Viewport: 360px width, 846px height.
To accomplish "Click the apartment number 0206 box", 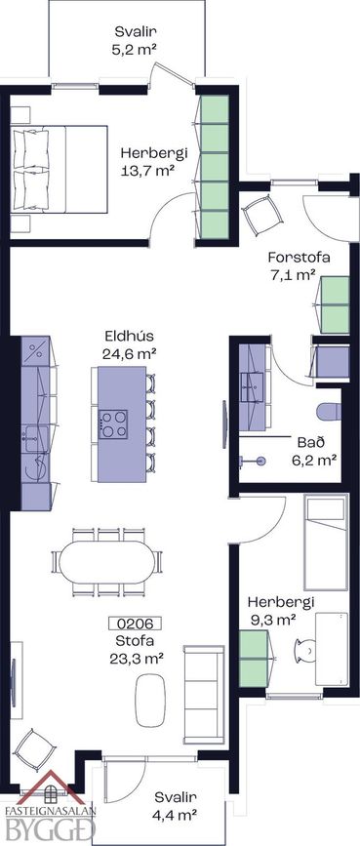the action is pos(135,624).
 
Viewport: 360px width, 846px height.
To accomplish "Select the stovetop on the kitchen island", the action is pos(113,424).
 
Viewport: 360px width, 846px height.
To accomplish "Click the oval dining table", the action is pos(106,562).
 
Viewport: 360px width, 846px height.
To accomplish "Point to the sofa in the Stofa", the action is pos(204,694).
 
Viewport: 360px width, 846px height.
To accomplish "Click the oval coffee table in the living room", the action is pos(150,696).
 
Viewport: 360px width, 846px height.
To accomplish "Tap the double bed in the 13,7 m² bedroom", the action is pos(60,170).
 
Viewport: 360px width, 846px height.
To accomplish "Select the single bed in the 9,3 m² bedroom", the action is pos(325,544).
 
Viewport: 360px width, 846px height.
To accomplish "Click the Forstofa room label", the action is pos(299,257).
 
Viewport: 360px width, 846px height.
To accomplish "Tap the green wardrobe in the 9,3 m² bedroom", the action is pos(255,659).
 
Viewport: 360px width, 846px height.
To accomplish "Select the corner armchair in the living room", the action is pos(35,751).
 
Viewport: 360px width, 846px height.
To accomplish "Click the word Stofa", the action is pos(135,641).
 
